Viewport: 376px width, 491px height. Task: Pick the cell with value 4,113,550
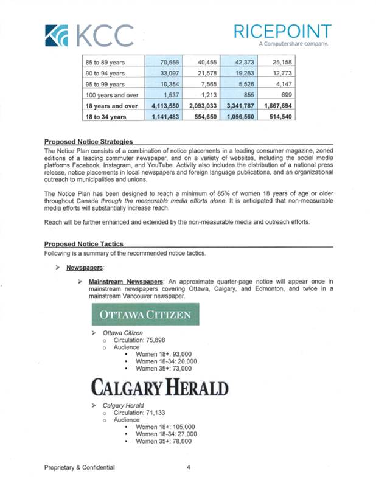coord(162,105)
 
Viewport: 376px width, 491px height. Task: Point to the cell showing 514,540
coord(278,116)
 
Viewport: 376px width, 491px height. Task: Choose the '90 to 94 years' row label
coord(105,72)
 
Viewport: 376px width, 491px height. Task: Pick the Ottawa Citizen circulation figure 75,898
coord(157,341)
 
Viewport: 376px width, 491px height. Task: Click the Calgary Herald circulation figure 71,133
coord(156,412)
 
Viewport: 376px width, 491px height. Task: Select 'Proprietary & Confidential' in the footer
coord(79,467)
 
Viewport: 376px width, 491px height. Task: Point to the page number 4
coord(189,467)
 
